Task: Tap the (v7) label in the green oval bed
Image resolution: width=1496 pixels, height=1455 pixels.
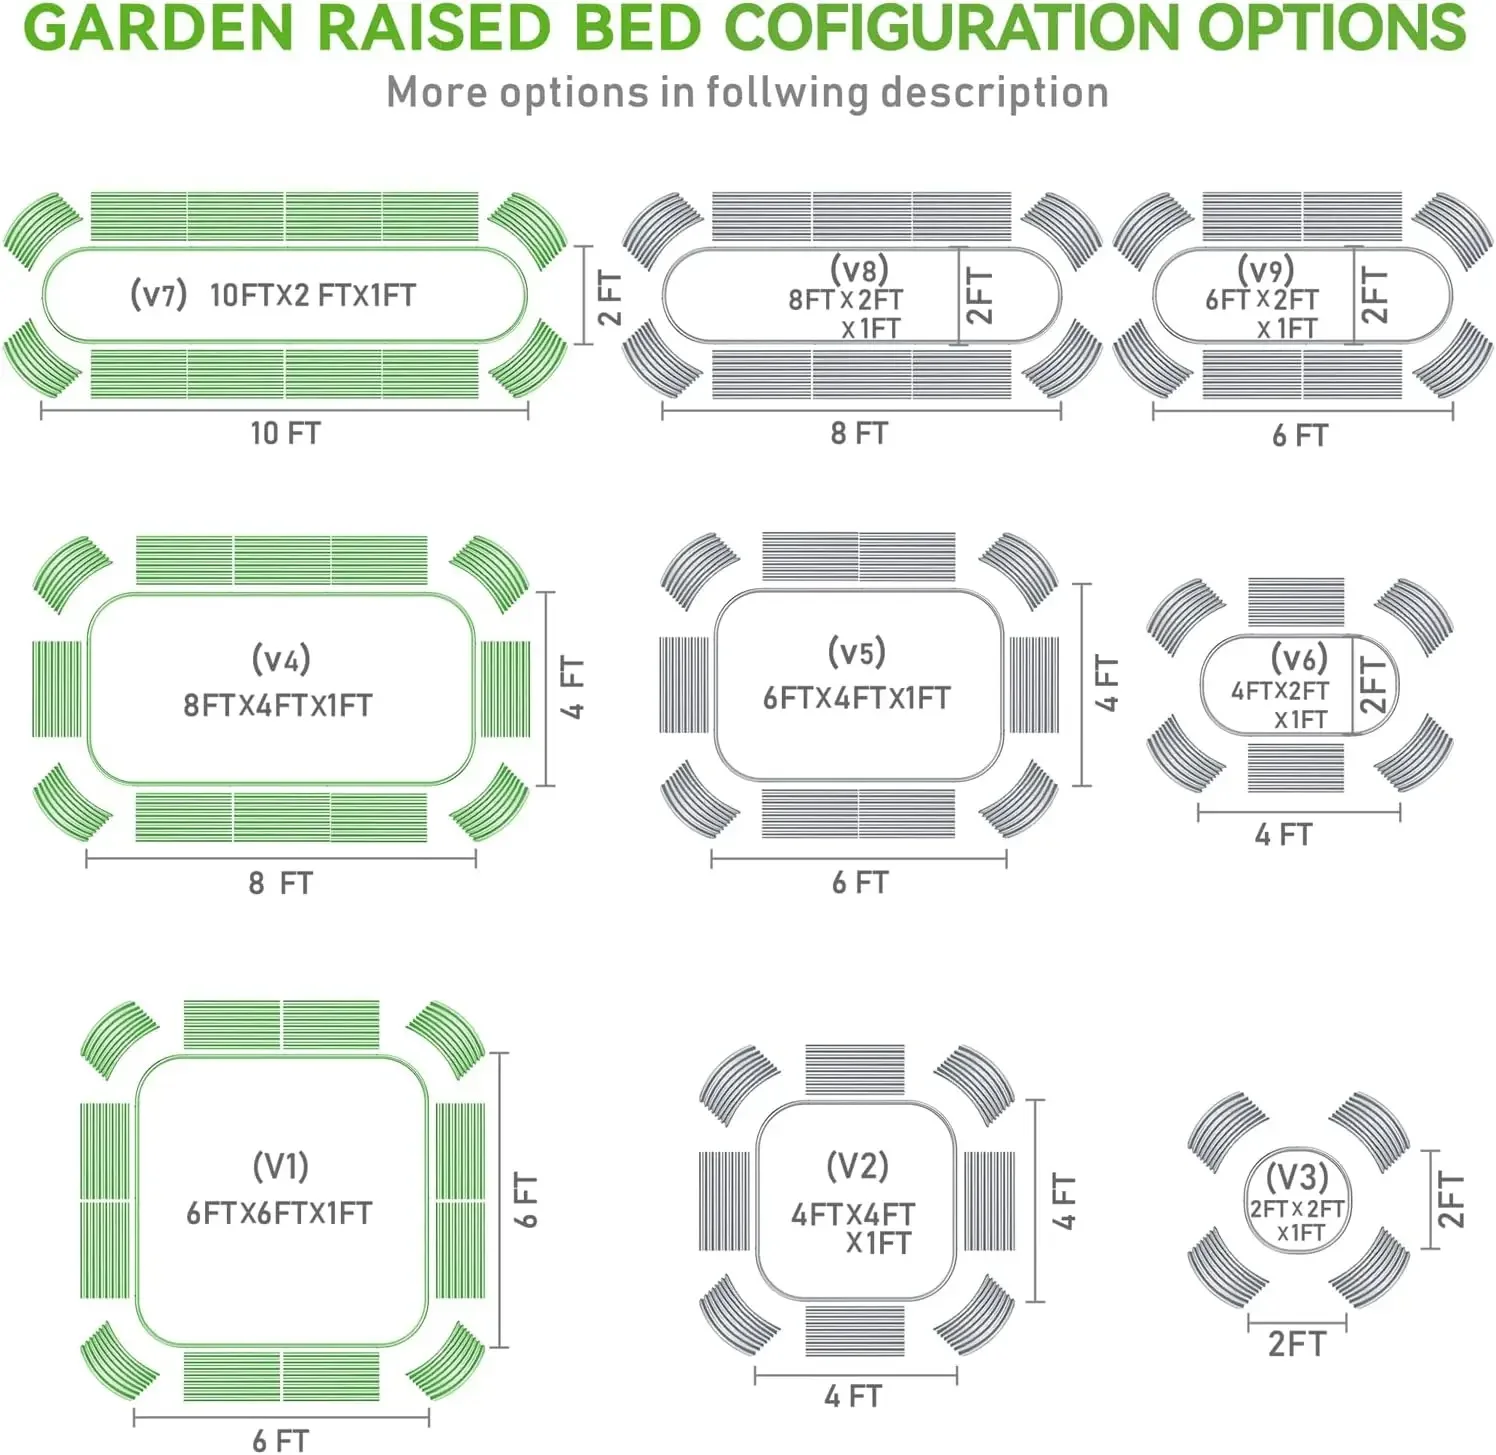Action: point(159,294)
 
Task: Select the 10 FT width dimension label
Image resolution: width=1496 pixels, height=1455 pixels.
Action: point(285,433)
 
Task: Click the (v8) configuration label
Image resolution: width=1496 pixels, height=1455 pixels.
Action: point(859,269)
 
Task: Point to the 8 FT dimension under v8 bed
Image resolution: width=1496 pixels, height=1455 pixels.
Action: point(859,433)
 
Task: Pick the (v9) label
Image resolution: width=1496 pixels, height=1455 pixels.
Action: point(1265,269)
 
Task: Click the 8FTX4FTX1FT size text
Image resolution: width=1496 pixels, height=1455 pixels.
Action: point(277,705)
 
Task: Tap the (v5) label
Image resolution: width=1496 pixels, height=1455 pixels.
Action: point(857,652)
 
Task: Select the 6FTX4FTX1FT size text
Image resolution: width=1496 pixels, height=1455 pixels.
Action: point(856,698)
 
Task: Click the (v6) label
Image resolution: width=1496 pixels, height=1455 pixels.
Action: point(1299,658)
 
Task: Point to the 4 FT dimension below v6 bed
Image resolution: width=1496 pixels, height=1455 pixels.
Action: point(1283,834)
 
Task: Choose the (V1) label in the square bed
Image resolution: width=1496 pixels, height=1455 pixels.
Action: point(280,1166)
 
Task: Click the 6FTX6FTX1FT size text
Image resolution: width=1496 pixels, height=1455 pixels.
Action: point(279,1213)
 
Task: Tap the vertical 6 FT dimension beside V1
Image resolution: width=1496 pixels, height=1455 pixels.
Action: point(526,1200)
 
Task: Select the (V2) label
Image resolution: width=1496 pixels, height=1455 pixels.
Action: point(857,1166)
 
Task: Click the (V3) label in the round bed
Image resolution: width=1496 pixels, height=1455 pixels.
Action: point(1296,1176)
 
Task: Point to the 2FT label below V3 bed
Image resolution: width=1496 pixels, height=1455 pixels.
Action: point(1296,1344)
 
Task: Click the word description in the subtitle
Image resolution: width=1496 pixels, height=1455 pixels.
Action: point(994,92)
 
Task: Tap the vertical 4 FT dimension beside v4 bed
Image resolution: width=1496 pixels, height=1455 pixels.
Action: point(572,687)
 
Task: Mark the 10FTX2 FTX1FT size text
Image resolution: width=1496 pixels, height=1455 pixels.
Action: point(312,295)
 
